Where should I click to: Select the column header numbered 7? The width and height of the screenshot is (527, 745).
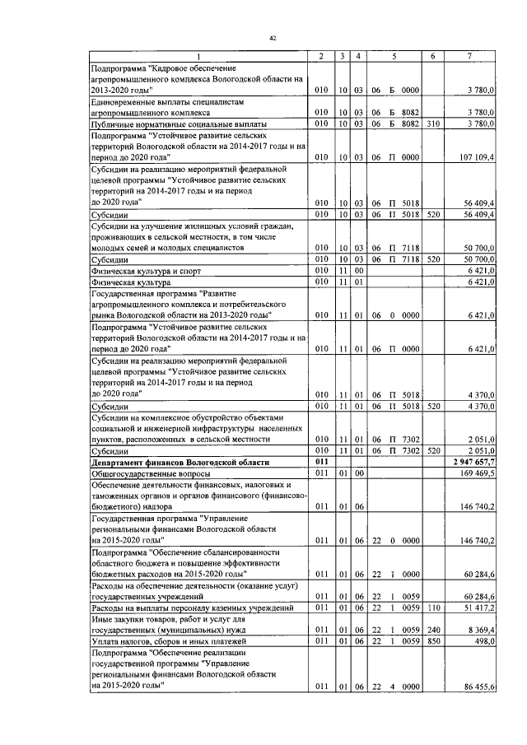click(x=469, y=55)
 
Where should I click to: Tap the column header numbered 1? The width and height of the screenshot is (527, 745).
click(x=197, y=55)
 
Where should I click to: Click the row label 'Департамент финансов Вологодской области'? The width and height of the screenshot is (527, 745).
click(x=180, y=463)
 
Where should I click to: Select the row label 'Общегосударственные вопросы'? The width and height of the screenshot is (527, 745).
click(x=150, y=474)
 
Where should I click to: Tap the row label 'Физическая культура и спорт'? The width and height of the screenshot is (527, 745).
click(x=145, y=268)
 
